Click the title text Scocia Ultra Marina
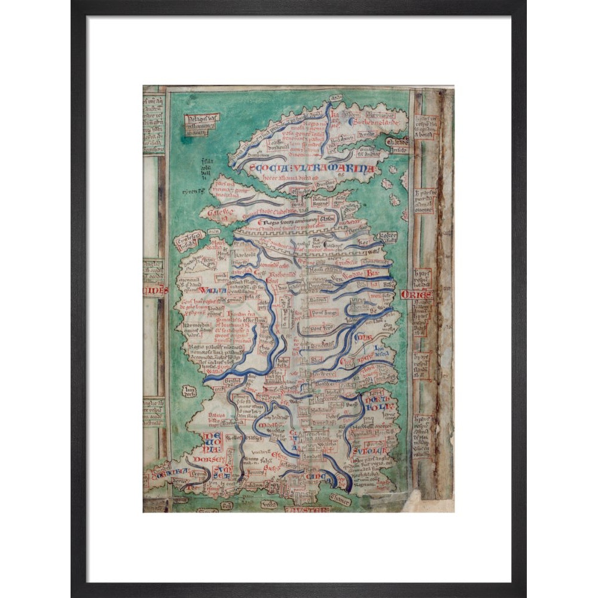tap(312, 169)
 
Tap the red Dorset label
tap(213, 459)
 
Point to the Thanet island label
tap(340, 502)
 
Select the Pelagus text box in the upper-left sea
tap(202, 124)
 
